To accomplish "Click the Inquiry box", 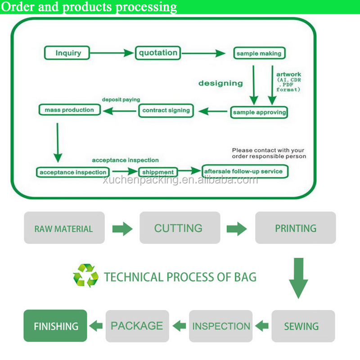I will (68, 53).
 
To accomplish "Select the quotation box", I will (158, 53).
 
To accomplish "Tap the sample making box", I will (259, 54).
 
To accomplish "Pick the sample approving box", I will (259, 112).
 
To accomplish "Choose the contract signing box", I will (166, 110).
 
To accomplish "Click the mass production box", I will (69, 110).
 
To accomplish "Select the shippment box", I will (157, 172).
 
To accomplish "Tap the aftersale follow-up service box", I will (245, 171).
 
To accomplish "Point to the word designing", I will (220, 83).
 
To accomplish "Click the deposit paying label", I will (121, 99).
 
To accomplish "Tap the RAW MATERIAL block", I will (64, 228).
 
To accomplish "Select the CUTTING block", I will (179, 228).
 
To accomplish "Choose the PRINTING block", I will (295, 228).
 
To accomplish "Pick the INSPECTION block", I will (221, 326).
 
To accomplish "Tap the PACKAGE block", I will (137, 326).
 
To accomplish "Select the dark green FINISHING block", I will (55, 326).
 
